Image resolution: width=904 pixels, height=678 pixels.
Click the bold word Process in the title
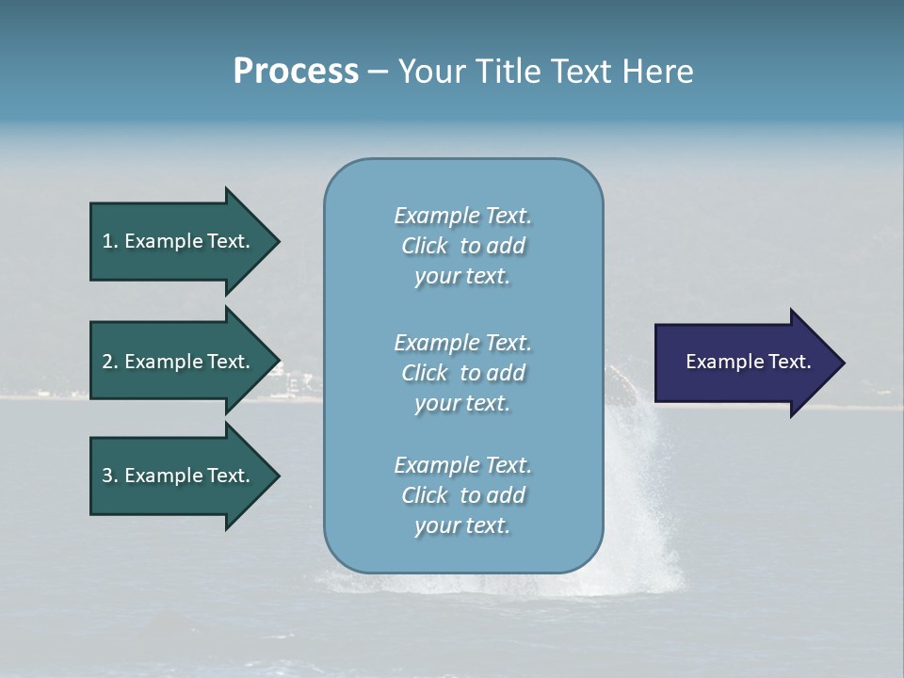point(296,71)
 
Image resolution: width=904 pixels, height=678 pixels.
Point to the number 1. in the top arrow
point(110,241)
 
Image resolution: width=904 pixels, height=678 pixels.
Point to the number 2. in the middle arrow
point(110,362)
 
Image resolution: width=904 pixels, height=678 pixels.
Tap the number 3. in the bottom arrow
point(110,476)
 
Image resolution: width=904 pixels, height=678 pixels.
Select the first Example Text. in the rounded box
point(462,216)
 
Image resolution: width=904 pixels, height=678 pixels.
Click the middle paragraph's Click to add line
point(462,373)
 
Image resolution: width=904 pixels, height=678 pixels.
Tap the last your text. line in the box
point(462,525)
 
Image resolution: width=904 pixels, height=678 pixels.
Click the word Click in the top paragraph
point(424,246)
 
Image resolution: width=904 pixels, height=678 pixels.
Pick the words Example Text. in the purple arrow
point(748,362)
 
